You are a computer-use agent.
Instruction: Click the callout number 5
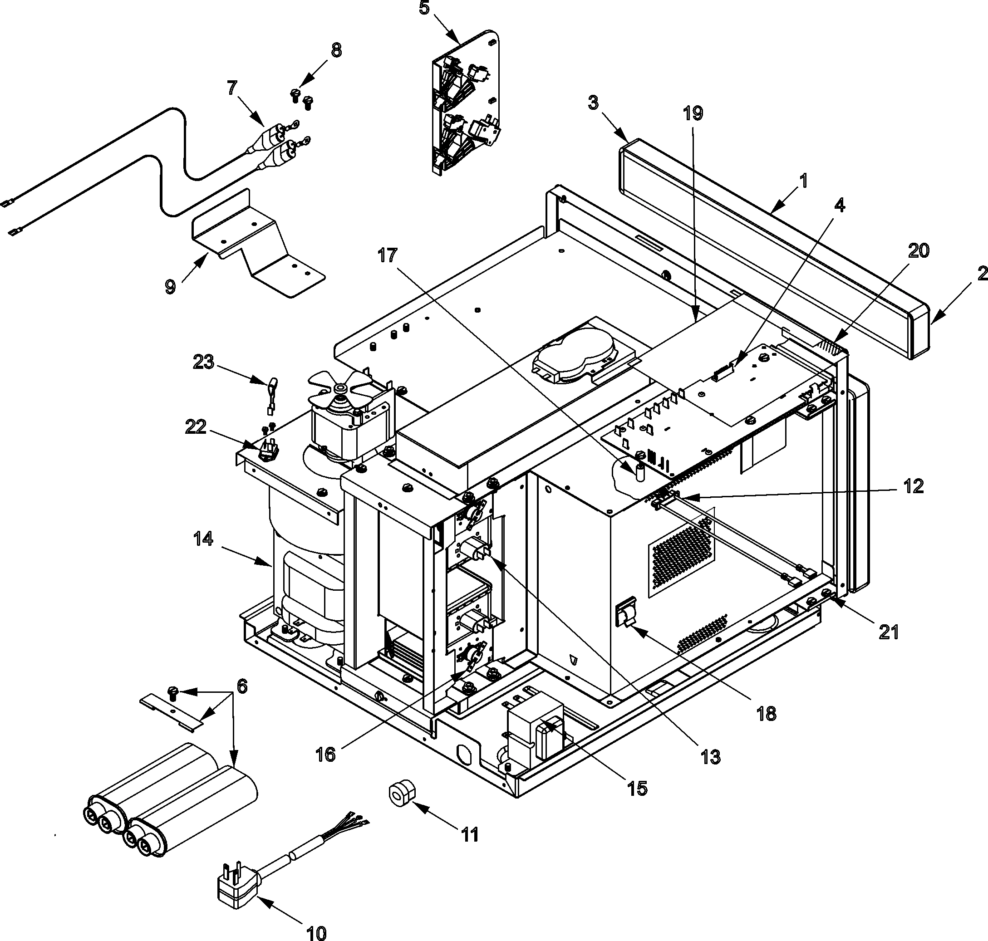[x=424, y=9]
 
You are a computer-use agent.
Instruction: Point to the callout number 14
[x=203, y=539]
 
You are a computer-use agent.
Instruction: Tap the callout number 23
[x=203, y=362]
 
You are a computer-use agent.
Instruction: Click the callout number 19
[x=693, y=113]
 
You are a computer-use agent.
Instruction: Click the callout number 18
[x=766, y=713]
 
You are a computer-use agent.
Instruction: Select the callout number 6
[x=242, y=686]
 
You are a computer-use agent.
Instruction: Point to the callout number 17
[x=388, y=256]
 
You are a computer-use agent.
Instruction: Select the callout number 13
[x=711, y=757]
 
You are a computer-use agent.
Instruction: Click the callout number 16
[x=326, y=754]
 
